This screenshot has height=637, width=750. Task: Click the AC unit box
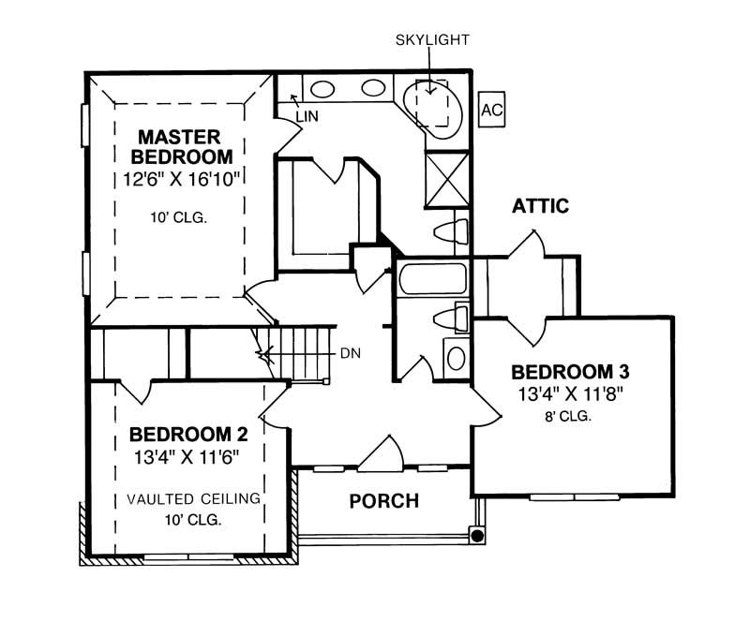click(490, 109)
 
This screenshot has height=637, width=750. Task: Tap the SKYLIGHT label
click(431, 39)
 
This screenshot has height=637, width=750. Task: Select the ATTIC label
click(540, 206)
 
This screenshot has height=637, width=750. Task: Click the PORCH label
click(383, 501)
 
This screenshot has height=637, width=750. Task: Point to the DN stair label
click(351, 353)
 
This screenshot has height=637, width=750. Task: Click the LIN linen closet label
click(306, 116)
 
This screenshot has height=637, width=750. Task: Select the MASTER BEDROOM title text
click(181, 145)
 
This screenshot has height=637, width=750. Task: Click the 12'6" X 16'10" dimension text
click(181, 178)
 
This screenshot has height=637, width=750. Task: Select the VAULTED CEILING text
click(193, 497)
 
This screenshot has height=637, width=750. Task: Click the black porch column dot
click(477, 536)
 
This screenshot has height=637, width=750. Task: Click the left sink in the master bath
click(323, 90)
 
